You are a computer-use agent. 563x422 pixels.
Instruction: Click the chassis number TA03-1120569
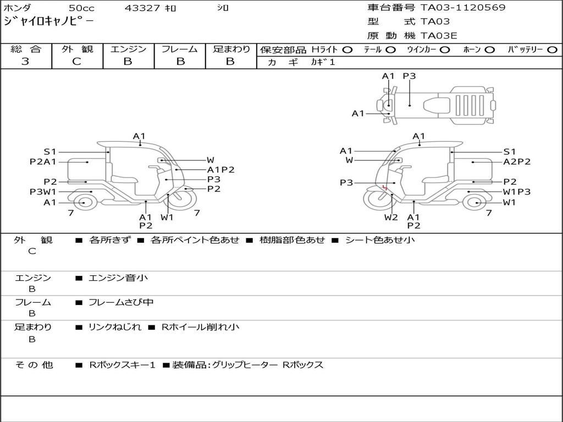[x=463, y=8]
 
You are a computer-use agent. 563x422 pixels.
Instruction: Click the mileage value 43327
[x=142, y=8]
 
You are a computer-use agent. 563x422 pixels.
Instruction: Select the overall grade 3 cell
[x=25, y=62]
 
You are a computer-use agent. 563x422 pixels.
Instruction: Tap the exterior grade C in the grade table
[x=77, y=62]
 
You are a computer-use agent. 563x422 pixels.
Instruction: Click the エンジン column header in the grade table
[x=128, y=49]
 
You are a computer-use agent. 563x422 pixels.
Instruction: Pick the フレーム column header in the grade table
[x=179, y=49]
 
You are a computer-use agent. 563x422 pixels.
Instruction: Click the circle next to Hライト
[x=347, y=49]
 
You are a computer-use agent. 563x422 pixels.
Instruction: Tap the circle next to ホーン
[x=490, y=49]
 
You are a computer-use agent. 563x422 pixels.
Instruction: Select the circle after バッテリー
[x=552, y=49]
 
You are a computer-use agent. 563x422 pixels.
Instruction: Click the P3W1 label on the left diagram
[x=43, y=192]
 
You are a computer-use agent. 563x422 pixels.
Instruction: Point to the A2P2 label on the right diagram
[x=517, y=162]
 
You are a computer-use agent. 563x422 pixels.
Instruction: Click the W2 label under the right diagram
[x=391, y=217]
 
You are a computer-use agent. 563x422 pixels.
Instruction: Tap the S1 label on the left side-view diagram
[x=50, y=152]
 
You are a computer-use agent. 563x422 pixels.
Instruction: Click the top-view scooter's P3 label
[x=409, y=76]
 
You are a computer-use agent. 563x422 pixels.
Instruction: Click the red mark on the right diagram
[x=386, y=188]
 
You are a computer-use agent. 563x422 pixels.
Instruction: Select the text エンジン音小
[x=118, y=278]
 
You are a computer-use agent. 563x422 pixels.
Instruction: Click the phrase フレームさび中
[x=121, y=302]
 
